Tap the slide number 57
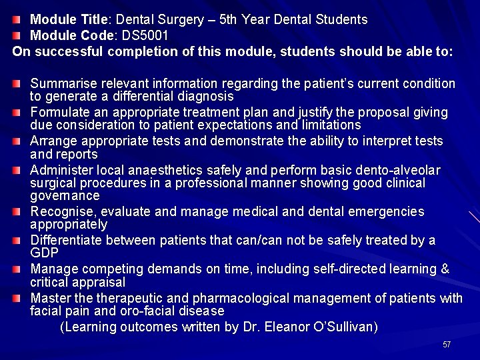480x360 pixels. point(447,345)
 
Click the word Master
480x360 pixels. point(49,297)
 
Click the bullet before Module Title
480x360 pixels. point(20,19)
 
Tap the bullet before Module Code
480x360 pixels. point(20,35)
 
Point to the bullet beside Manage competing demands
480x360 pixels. point(20,269)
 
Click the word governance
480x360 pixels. point(65,196)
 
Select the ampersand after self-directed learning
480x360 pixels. point(445,269)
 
